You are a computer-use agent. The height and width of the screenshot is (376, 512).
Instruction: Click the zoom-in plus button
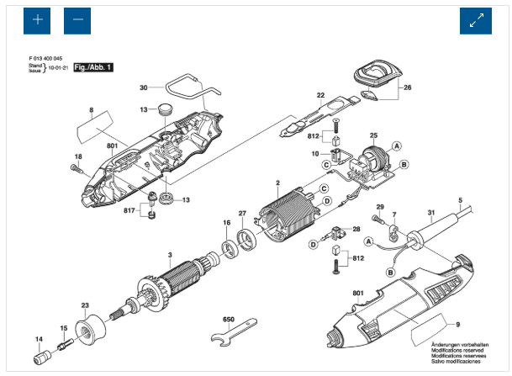coord(36,19)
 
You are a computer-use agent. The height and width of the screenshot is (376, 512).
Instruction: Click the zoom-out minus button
coord(77,19)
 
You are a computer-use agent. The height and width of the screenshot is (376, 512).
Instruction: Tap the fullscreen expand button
coord(475,20)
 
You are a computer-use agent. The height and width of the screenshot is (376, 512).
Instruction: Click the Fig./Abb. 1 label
coord(93,66)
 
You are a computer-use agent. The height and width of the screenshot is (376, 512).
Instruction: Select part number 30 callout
coord(144,87)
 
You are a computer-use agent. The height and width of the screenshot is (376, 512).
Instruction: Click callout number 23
coord(85,305)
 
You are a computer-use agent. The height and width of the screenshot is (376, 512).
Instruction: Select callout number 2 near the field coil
coord(277,183)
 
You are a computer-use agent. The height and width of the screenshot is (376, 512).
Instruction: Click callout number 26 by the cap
coord(407,88)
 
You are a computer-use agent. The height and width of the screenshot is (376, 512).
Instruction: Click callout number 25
coord(373,135)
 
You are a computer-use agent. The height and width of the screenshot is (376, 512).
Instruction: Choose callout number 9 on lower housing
coord(458,325)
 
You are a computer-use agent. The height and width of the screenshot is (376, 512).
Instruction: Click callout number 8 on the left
coord(92,110)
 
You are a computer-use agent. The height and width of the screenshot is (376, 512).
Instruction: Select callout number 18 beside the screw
coord(78,157)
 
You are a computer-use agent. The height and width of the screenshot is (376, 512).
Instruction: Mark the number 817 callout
coord(129,209)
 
